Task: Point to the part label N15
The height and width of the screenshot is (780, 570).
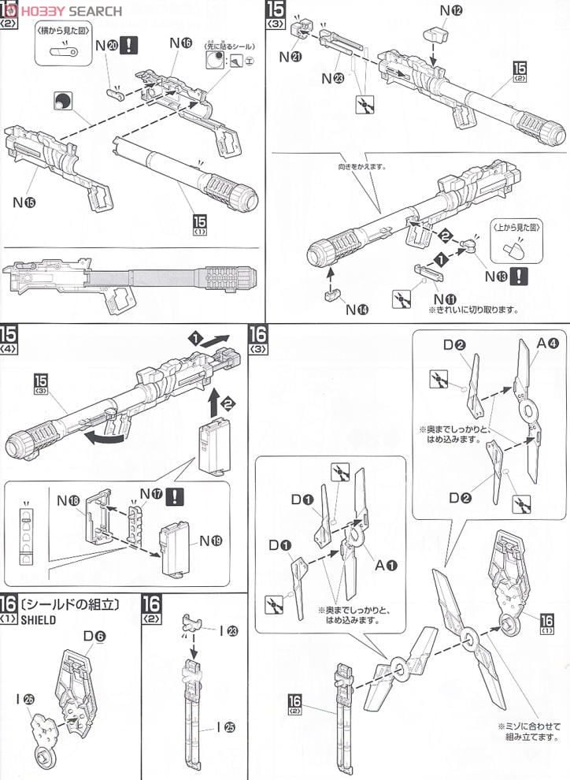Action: pyautogui.click(x=25, y=201)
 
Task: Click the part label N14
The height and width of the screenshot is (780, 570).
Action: pyautogui.click(x=356, y=308)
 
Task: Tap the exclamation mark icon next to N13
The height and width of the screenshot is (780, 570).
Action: pyautogui.click(x=519, y=276)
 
